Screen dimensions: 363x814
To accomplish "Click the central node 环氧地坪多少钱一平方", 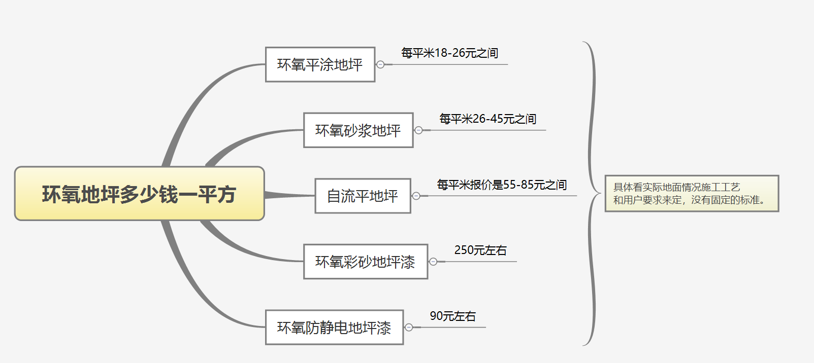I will pyautogui.click(x=139, y=194).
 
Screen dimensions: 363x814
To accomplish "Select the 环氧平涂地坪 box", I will pyautogui.click(x=320, y=64).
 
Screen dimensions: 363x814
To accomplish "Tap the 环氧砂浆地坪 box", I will pyautogui.click(x=358, y=130).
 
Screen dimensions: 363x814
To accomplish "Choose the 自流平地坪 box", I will pyautogui.click(x=363, y=196).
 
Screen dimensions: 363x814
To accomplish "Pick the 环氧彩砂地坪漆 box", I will pyautogui.click(x=365, y=262).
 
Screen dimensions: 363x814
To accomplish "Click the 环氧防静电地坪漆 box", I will pyautogui.click(x=334, y=328).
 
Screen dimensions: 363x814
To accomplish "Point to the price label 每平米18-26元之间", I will pyautogui.click(x=449, y=53).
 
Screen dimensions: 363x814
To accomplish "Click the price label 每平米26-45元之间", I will pyautogui.click(x=487, y=119).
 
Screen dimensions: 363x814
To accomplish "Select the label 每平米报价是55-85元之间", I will pyautogui.click(x=502, y=185).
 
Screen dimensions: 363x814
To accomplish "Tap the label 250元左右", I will pyautogui.click(x=480, y=250).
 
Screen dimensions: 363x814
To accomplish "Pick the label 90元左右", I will pyautogui.click(x=452, y=316).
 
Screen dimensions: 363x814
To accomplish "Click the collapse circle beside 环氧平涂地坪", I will pyautogui.click(x=380, y=64).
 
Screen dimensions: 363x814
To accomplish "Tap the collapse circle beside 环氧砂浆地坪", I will pyautogui.click(x=418, y=130).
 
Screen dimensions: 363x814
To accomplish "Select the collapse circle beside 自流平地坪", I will pyautogui.click(x=416, y=196).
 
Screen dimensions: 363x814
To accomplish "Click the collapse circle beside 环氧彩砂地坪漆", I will pyautogui.click(x=433, y=262).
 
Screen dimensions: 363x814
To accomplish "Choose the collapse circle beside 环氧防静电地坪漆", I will pyautogui.click(x=409, y=328).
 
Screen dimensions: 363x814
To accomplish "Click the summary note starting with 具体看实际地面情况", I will pyautogui.click(x=692, y=194).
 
